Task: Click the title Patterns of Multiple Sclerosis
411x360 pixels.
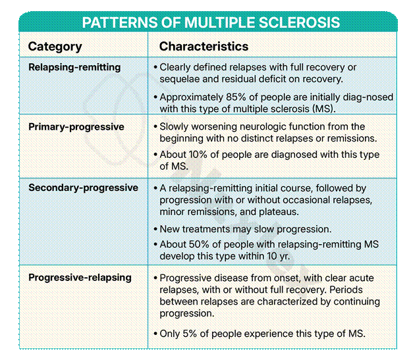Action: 211,22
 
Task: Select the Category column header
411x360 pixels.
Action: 55,47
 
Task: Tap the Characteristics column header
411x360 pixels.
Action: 204,47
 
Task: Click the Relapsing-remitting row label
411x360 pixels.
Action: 74,67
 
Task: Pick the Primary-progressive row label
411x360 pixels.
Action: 76,126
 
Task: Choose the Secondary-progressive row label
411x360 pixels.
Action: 83,188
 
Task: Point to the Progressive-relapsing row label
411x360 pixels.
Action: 80,277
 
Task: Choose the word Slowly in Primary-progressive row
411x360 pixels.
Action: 175,126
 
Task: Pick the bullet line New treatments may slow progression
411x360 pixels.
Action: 245,229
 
